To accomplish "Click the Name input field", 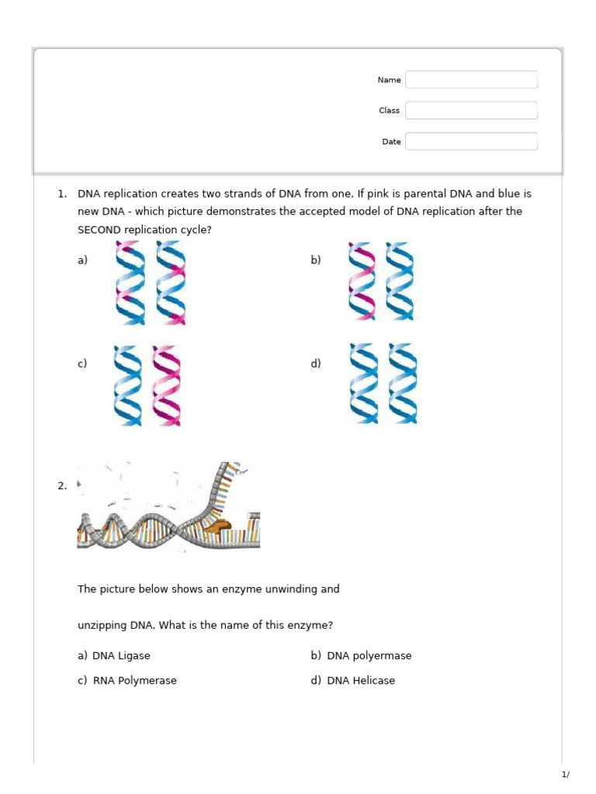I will coord(471,80).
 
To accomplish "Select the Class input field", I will coord(471,110).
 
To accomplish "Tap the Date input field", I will coord(471,141).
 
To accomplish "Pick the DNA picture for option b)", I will coord(381,281).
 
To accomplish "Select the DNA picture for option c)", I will coord(147,385).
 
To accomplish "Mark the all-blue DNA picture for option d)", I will coord(383,384).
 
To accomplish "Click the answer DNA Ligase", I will coord(121,655).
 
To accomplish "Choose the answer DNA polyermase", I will coord(369,655).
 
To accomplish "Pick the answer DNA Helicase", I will coord(361,680).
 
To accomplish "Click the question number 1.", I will coord(61,194).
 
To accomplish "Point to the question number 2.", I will coord(61,486).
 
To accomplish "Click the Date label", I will coord(391,142).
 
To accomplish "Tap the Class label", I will coord(389,111).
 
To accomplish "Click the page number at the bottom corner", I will coord(565,775).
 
